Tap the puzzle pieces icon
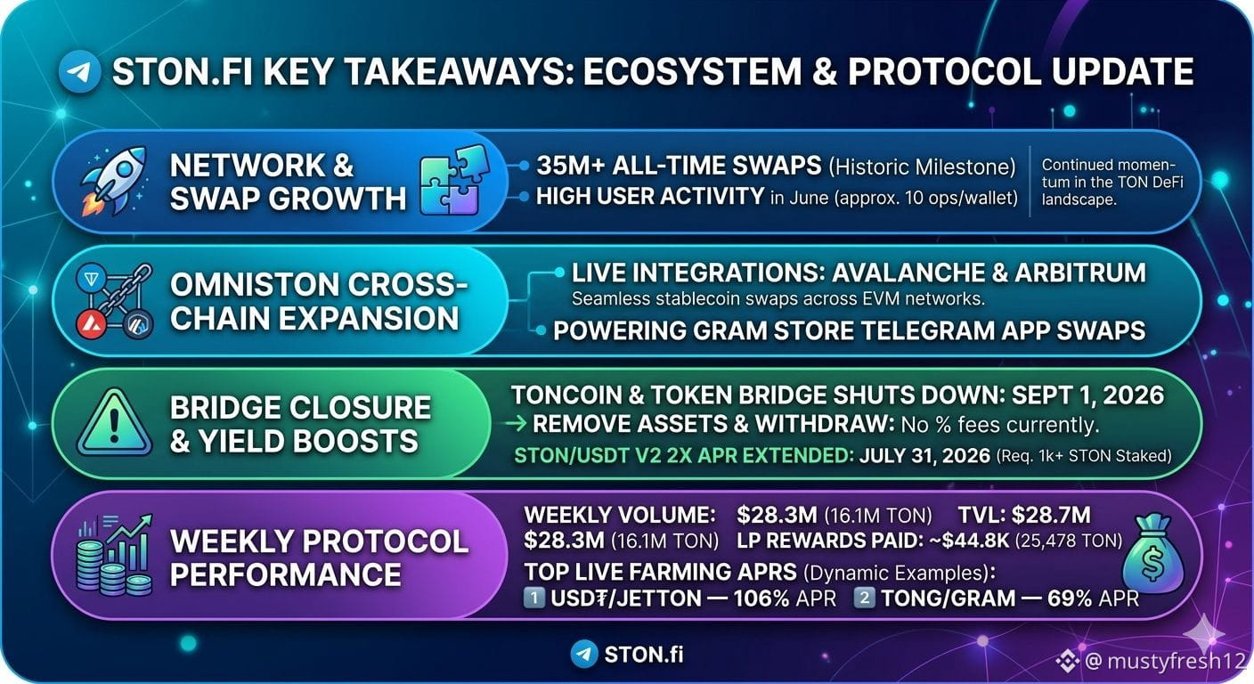454,180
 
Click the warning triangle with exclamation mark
114,423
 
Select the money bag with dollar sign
1153,553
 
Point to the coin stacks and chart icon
115,555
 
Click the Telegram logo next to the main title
79,71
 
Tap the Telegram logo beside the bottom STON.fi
584,654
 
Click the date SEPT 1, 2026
1087,395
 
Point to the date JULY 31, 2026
924,456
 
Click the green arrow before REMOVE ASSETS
517,424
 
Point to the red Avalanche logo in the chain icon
91,325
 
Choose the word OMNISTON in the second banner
254,284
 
